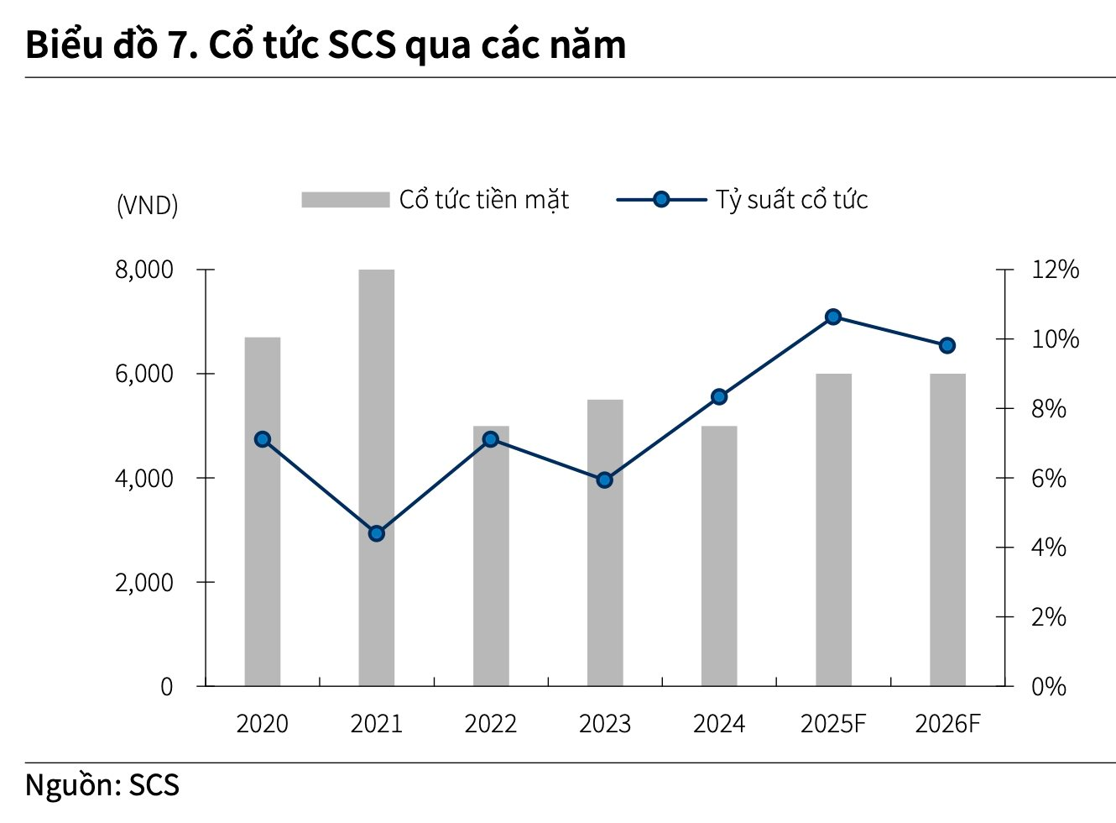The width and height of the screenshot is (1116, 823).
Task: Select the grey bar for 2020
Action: tap(262, 511)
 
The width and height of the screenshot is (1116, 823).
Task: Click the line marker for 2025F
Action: tap(833, 317)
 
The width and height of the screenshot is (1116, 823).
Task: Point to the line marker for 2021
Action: tap(377, 533)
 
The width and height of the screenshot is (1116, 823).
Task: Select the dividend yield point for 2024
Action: tap(719, 397)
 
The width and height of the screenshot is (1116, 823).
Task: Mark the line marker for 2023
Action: tap(604, 480)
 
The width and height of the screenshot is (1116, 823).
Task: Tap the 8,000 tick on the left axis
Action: tap(144, 270)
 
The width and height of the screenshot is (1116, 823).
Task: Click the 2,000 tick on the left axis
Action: tap(144, 582)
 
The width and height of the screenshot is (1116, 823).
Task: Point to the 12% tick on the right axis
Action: tap(1055, 270)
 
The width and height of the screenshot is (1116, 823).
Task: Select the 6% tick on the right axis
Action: tap(1049, 478)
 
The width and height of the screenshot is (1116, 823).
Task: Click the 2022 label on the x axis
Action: tap(490, 724)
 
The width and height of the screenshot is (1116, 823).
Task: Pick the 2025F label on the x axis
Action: tap(833, 724)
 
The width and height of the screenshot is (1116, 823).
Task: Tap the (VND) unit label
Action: tap(148, 205)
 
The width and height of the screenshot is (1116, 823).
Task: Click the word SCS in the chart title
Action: tap(361, 45)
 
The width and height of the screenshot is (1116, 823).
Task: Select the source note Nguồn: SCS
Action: tap(102, 785)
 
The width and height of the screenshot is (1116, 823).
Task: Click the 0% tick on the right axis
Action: tap(1049, 686)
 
